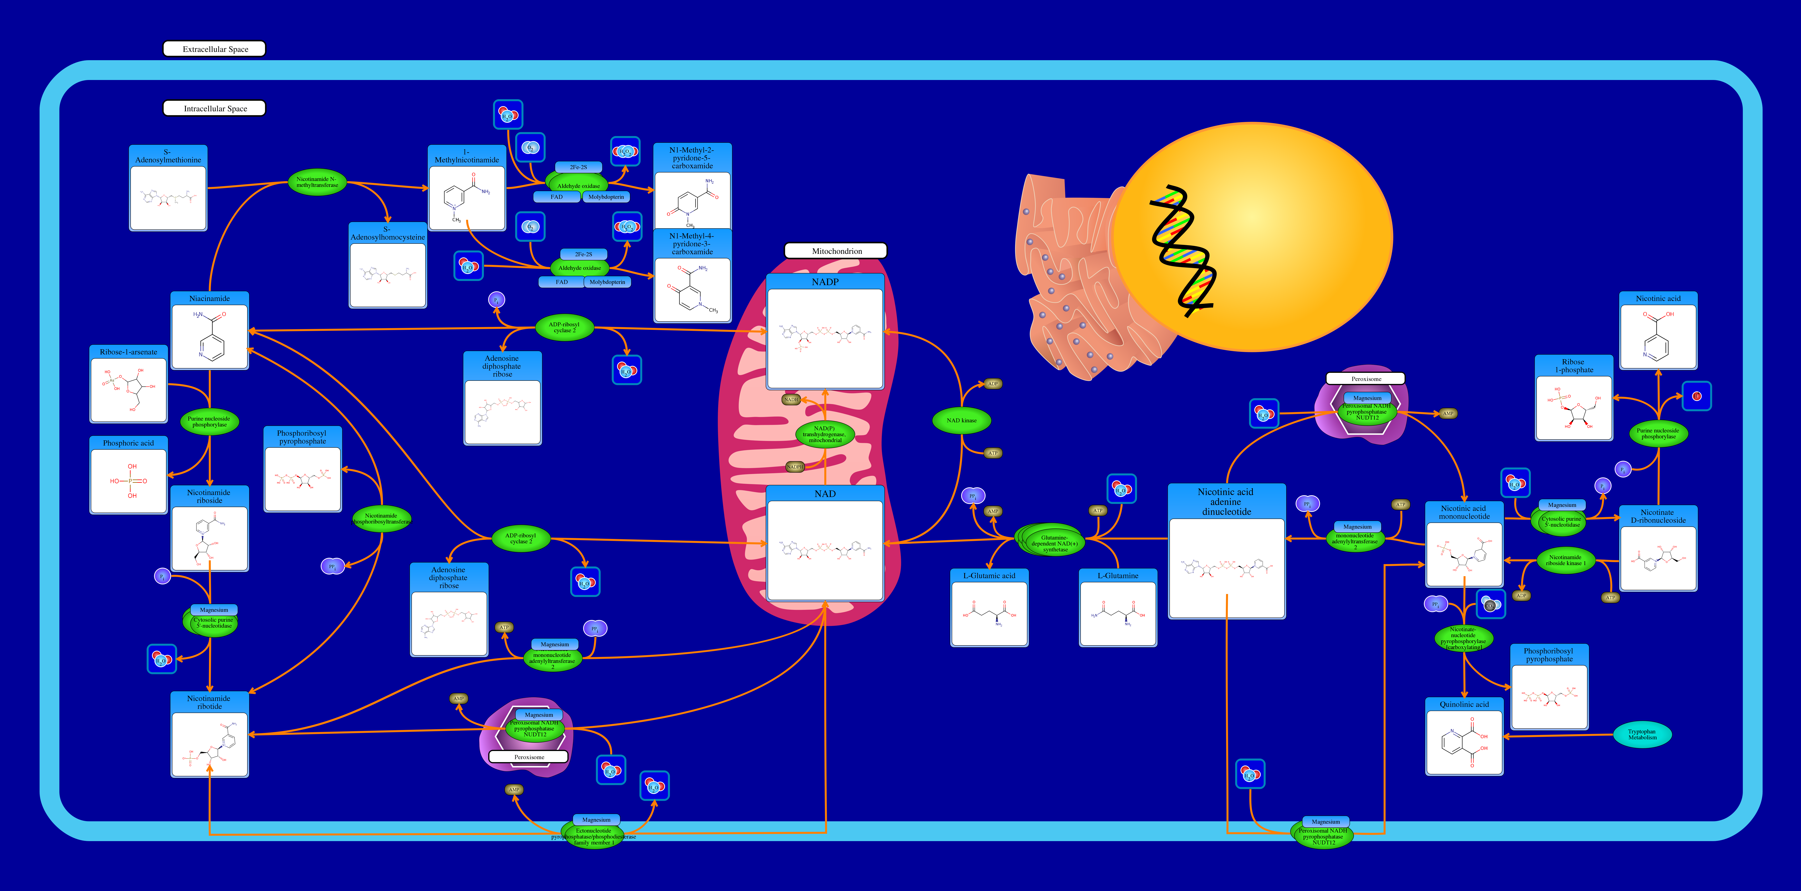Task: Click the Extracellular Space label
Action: click(215, 49)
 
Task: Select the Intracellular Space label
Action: click(215, 108)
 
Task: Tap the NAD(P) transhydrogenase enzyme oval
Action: click(825, 434)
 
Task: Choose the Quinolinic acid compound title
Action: click(1464, 704)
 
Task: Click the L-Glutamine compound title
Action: click(1117, 576)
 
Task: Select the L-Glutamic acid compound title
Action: click(989, 576)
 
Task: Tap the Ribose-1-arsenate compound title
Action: click(128, 352)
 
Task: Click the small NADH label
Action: click(791, 399)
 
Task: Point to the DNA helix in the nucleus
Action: click(1182, 252)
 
